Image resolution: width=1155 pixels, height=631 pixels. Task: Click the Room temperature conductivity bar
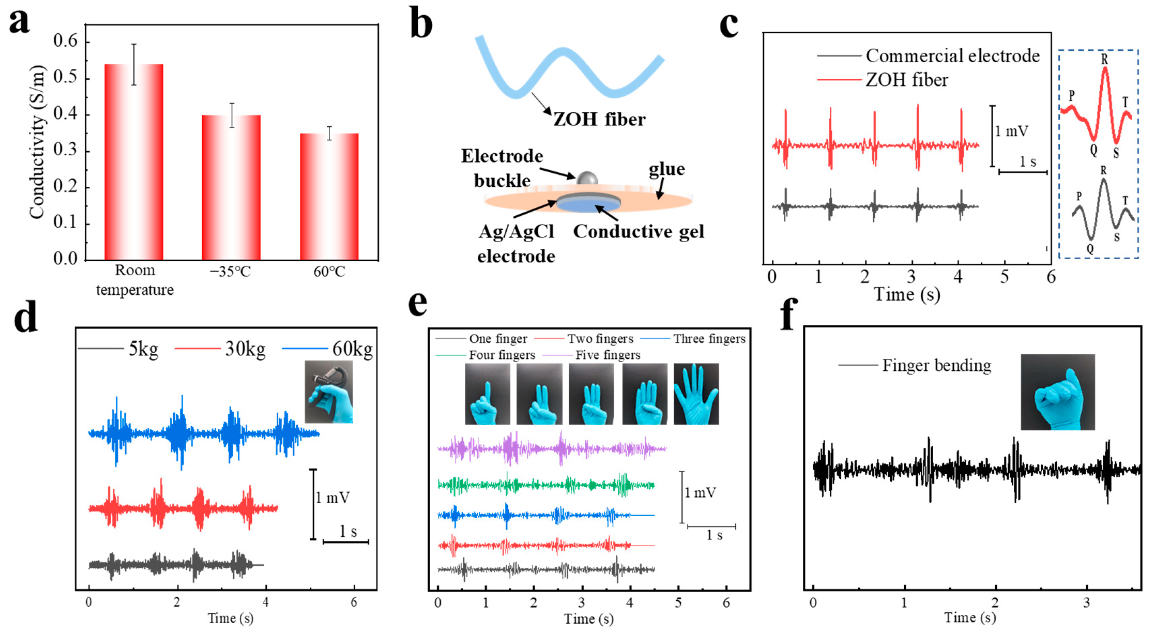[x=134, y=161]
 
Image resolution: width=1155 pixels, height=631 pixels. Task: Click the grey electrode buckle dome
[x=587, y=178]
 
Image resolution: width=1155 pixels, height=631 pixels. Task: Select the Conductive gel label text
[x=639, y=232]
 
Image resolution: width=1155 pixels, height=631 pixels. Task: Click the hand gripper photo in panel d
[x=329, y=392]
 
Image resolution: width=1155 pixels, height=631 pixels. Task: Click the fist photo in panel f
[x=1058, y=392]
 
